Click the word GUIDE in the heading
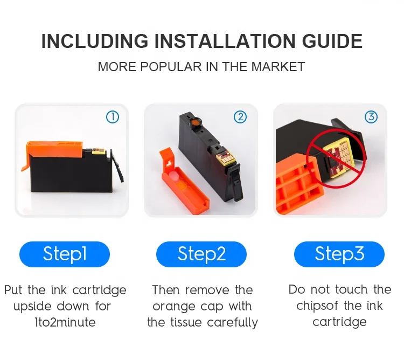pos(332,41)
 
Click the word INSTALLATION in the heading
pos(225,41)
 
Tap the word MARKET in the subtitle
pos(278,67)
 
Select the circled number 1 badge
pos(113,117)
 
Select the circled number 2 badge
pos(240,117)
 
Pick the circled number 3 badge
pos(371,117)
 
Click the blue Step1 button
pos(65,254)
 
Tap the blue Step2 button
pos(201,254)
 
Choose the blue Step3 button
pos(339,254)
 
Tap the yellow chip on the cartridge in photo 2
pos(226,158)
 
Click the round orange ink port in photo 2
pos(196,121)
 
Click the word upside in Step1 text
pos(32,307)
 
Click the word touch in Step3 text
pos(351,289)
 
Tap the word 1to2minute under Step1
pos(65,322)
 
